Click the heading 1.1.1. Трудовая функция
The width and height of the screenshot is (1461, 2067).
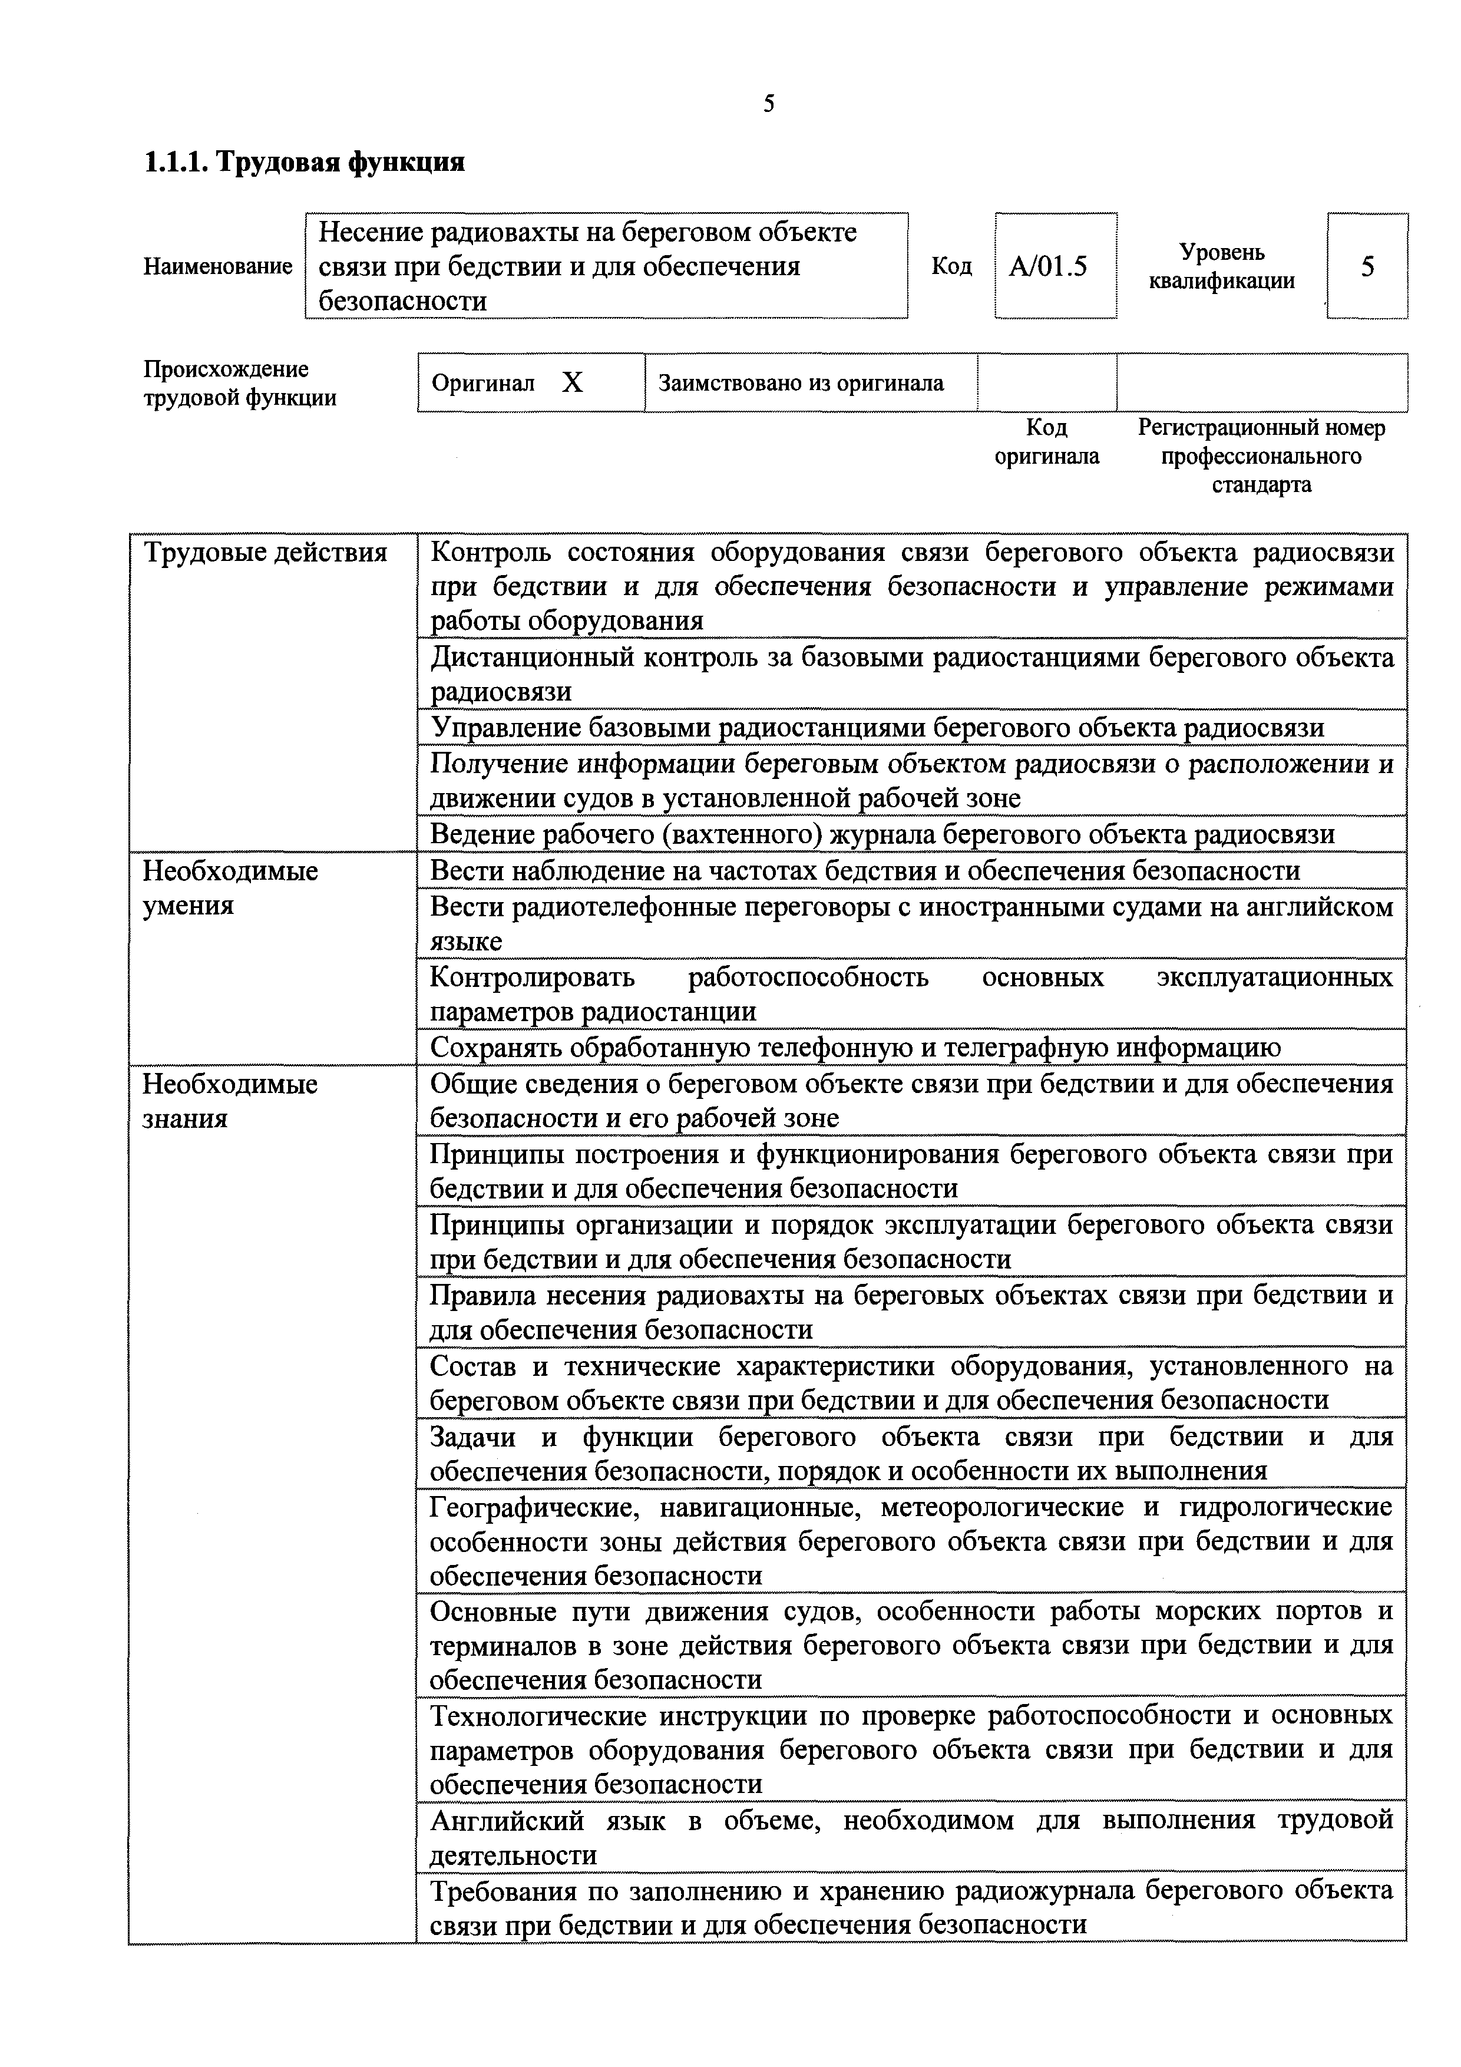(x=304, y=162)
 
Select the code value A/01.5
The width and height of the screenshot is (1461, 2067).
(x=1048, y=266)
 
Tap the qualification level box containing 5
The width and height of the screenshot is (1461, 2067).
(x=1367, y=266)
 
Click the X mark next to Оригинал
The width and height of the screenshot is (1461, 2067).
(x=573, y=384)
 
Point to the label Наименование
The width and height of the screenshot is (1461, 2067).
(x=218, y=266)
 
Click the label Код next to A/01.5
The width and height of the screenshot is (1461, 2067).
(x=951, y=266)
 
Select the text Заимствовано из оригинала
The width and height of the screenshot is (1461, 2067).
(x=801, y=384)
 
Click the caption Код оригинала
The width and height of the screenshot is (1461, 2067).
(x=1047, y=441)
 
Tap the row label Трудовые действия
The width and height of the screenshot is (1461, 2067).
(x=266, y=552)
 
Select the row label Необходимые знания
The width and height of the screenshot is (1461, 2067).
(x=230, y=1100)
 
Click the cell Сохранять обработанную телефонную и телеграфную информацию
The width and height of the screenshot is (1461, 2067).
(x=855, y=1047)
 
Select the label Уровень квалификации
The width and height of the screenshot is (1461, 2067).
(x=1222, y=266)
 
